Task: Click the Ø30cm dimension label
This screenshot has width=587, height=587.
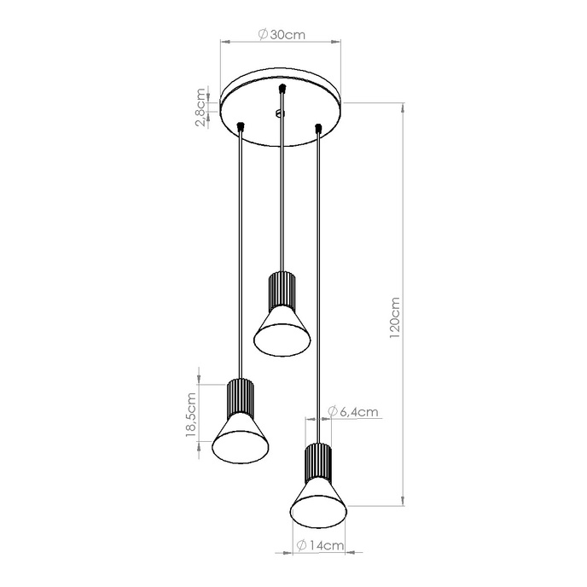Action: click(281, 35)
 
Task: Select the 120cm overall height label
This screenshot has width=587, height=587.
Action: click(394, 318)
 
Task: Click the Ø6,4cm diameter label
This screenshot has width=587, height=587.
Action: click(352, 412)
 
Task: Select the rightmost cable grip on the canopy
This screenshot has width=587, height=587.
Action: click(318, 128)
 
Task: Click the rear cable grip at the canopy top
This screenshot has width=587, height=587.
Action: click(281, 88)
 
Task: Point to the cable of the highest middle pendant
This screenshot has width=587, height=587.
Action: click(281, 196)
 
